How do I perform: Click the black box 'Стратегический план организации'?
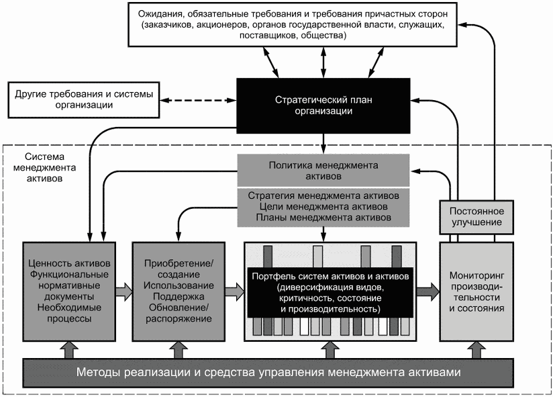click(x=323, y=105)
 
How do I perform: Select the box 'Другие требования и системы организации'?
click(x=84, y=100)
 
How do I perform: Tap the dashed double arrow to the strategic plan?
click(x=198, y=100)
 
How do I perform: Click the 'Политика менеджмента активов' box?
click(x=323, y=171)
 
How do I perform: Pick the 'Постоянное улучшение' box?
click(x=476, y=217)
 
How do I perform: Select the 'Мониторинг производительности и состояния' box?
click(x=476, y=292)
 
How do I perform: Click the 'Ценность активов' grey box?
click(x=69, y=292)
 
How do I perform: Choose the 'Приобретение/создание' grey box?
click(x=179, y=292)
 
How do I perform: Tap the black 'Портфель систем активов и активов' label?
click(x=330, y=293)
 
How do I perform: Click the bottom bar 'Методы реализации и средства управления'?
click(x=268, y=373)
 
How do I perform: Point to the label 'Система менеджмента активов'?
click(x=44, y=168)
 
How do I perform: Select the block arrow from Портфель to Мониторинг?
click(x=428, y=292)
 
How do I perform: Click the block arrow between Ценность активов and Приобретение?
click(x=124, y=292)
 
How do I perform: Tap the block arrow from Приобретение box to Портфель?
click(x=235, y=292)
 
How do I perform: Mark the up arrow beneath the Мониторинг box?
click(x=476, y=350)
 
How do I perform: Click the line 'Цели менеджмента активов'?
click(x=323, y=206)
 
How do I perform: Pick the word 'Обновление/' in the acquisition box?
click(x=179, y=308)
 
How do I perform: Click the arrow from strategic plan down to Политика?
click(x=323, y=144)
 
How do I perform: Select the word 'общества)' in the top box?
click(x=323, y=36)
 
